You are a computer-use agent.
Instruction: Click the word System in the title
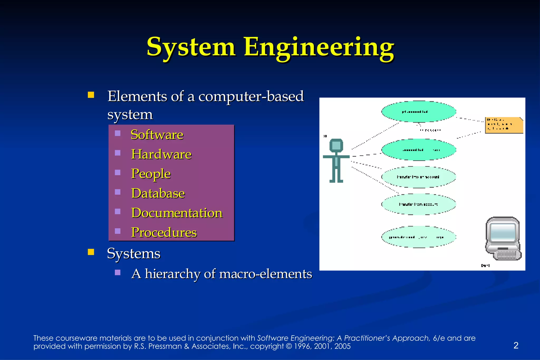tap(191, 47)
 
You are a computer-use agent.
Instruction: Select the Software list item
tap(157, 135)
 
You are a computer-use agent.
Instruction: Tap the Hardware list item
tap(161, 154)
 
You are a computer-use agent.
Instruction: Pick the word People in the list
tap(151, 174)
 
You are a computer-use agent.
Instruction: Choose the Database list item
tap(158, 193)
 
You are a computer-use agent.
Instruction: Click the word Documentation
tap(177, 213)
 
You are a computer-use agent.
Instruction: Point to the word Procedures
tap(164, 232)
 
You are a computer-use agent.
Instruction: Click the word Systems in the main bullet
tap(133, 253)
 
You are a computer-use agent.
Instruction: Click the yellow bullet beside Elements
tap(91, 95)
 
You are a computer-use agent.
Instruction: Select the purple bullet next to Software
tap(118, 133)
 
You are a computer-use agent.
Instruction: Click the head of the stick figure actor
tap(336, 145)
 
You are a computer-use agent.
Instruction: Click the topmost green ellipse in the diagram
tap(419, 112)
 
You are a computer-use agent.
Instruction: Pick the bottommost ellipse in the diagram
tap(419, 237)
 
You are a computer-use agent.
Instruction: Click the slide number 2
tap(516, 345)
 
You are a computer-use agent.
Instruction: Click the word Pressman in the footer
tap(165, 346)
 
